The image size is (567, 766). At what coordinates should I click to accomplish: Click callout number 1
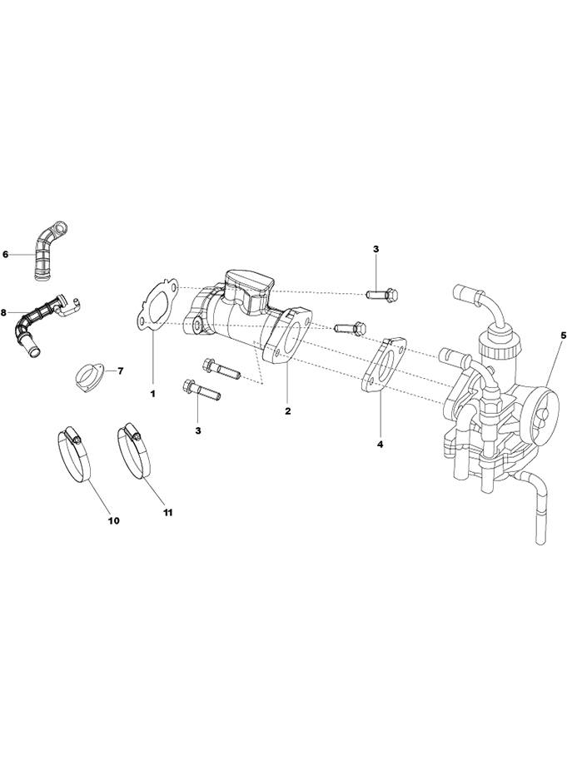[x=152, y=390]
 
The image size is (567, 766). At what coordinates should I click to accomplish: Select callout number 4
[x=380, y=445]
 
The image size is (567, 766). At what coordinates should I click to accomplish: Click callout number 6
[x=6, y=254]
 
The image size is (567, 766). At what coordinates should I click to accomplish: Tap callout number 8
[x=4, y=312]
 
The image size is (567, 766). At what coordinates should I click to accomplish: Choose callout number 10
[x=113, y=520]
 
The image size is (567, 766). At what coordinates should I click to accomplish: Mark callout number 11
[x=167, y=514]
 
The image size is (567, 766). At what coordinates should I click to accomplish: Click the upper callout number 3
[x=376, y=249]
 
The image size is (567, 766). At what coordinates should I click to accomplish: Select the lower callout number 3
[x=198, y=430]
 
